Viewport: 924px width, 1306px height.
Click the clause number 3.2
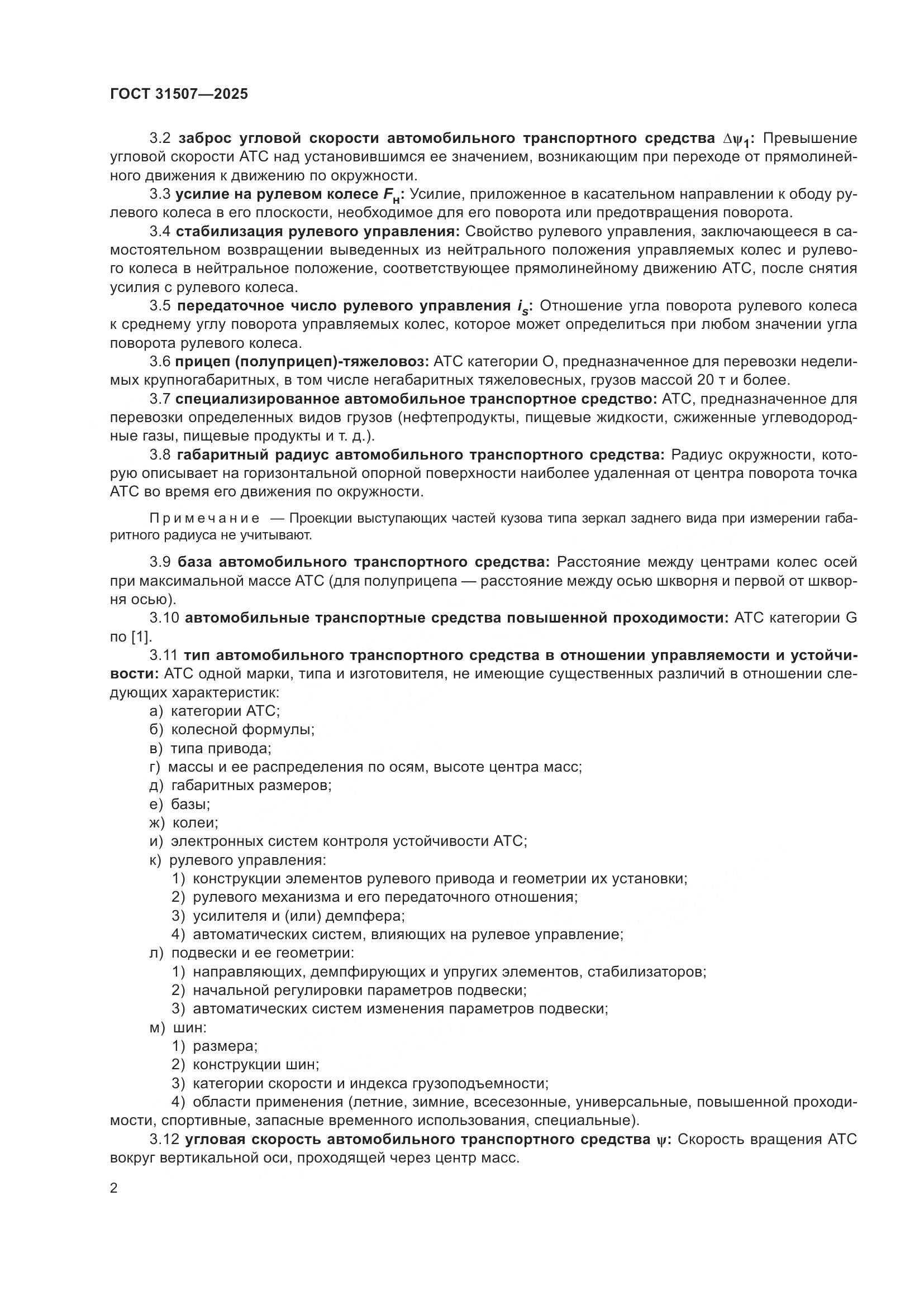(x=160, y=138)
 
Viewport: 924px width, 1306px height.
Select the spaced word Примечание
(x=205, y=519)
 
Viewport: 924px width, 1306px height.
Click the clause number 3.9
(x=160, y=562)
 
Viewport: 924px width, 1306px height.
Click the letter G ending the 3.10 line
(x=851, y=618)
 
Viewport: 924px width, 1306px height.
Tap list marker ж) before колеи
(x=157, y=823)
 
